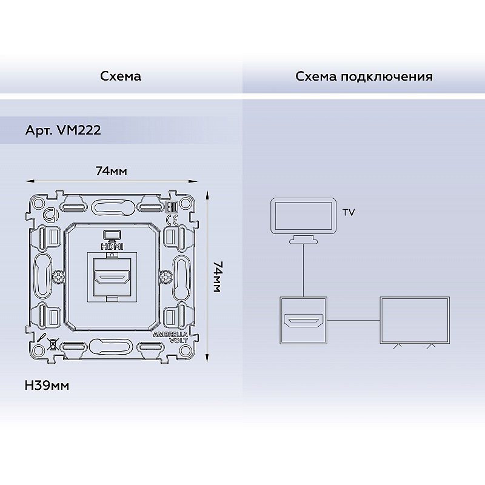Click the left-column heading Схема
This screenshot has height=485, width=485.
[121, 76]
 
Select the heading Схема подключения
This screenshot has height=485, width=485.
[364, 76]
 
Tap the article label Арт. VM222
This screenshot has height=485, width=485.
[63, 130]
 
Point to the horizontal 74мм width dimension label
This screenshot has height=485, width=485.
[112, 171]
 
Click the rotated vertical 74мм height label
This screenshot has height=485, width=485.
[218, 277]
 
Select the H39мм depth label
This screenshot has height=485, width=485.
[47, 386]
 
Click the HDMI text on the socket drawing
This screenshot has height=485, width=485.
[112, 247]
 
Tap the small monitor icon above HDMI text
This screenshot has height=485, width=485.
[112, 236]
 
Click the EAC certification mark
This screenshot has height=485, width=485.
[172, 207]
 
